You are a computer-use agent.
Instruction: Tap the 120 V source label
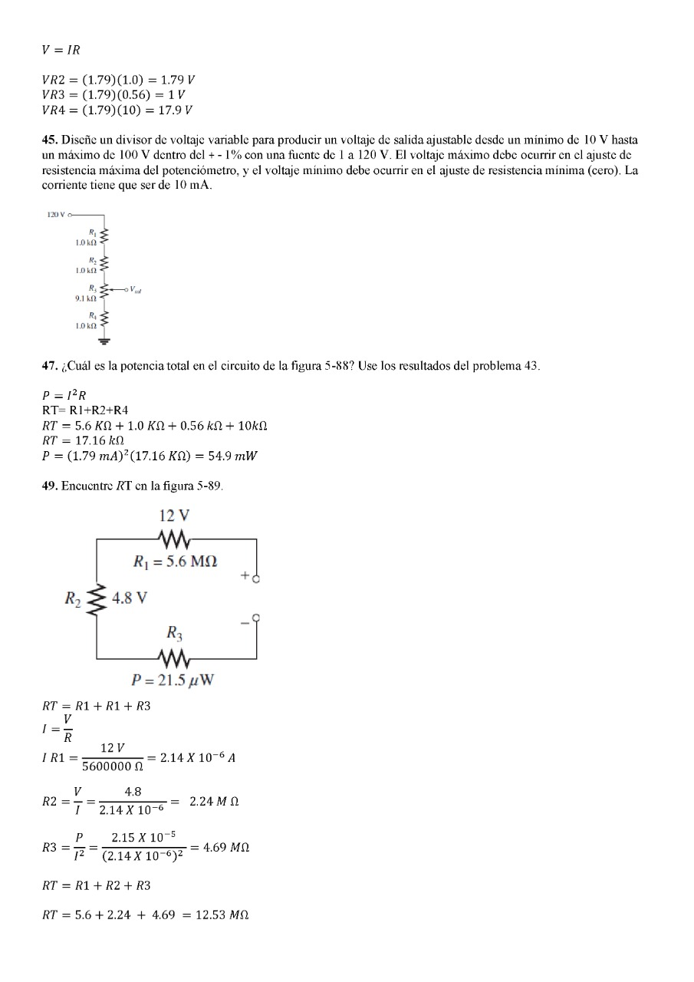coord(56,215)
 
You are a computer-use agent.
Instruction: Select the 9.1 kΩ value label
coord(85,298)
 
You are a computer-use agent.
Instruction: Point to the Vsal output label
coord(135,290)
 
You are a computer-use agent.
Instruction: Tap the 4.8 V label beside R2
coord(130,598)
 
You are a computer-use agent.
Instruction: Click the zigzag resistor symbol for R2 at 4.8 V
coord(97,599)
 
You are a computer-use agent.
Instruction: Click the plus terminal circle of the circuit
coord(256,579)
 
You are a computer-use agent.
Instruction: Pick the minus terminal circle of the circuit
coord(256,616)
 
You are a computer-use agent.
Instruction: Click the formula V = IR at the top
coord(61,51)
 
